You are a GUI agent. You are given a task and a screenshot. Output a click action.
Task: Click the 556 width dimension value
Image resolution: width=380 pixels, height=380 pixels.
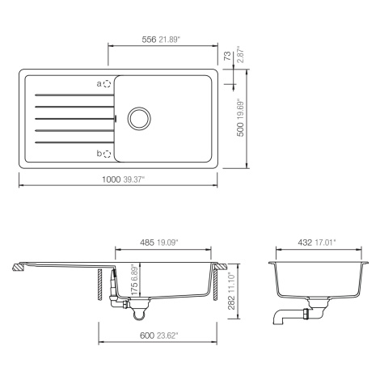point(149,40)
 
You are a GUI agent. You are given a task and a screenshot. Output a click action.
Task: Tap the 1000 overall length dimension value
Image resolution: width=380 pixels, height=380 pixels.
point(111,179)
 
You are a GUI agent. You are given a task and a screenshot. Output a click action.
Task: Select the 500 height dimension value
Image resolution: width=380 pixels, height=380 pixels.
point(240,129)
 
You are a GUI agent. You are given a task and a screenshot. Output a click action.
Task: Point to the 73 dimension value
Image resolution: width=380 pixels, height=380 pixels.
point(228,56)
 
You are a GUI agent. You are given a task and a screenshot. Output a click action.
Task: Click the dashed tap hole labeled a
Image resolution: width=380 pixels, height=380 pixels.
point(108,84)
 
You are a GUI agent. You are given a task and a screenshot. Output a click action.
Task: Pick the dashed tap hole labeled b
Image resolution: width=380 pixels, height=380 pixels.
point(108,154)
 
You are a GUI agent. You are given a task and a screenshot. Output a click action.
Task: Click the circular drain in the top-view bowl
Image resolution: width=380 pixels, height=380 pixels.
point(139,118)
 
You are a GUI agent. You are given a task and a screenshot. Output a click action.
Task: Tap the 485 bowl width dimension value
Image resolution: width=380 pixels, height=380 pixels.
point(147,243)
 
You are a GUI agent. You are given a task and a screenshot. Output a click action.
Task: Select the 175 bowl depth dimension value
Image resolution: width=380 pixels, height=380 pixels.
point(134,288)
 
